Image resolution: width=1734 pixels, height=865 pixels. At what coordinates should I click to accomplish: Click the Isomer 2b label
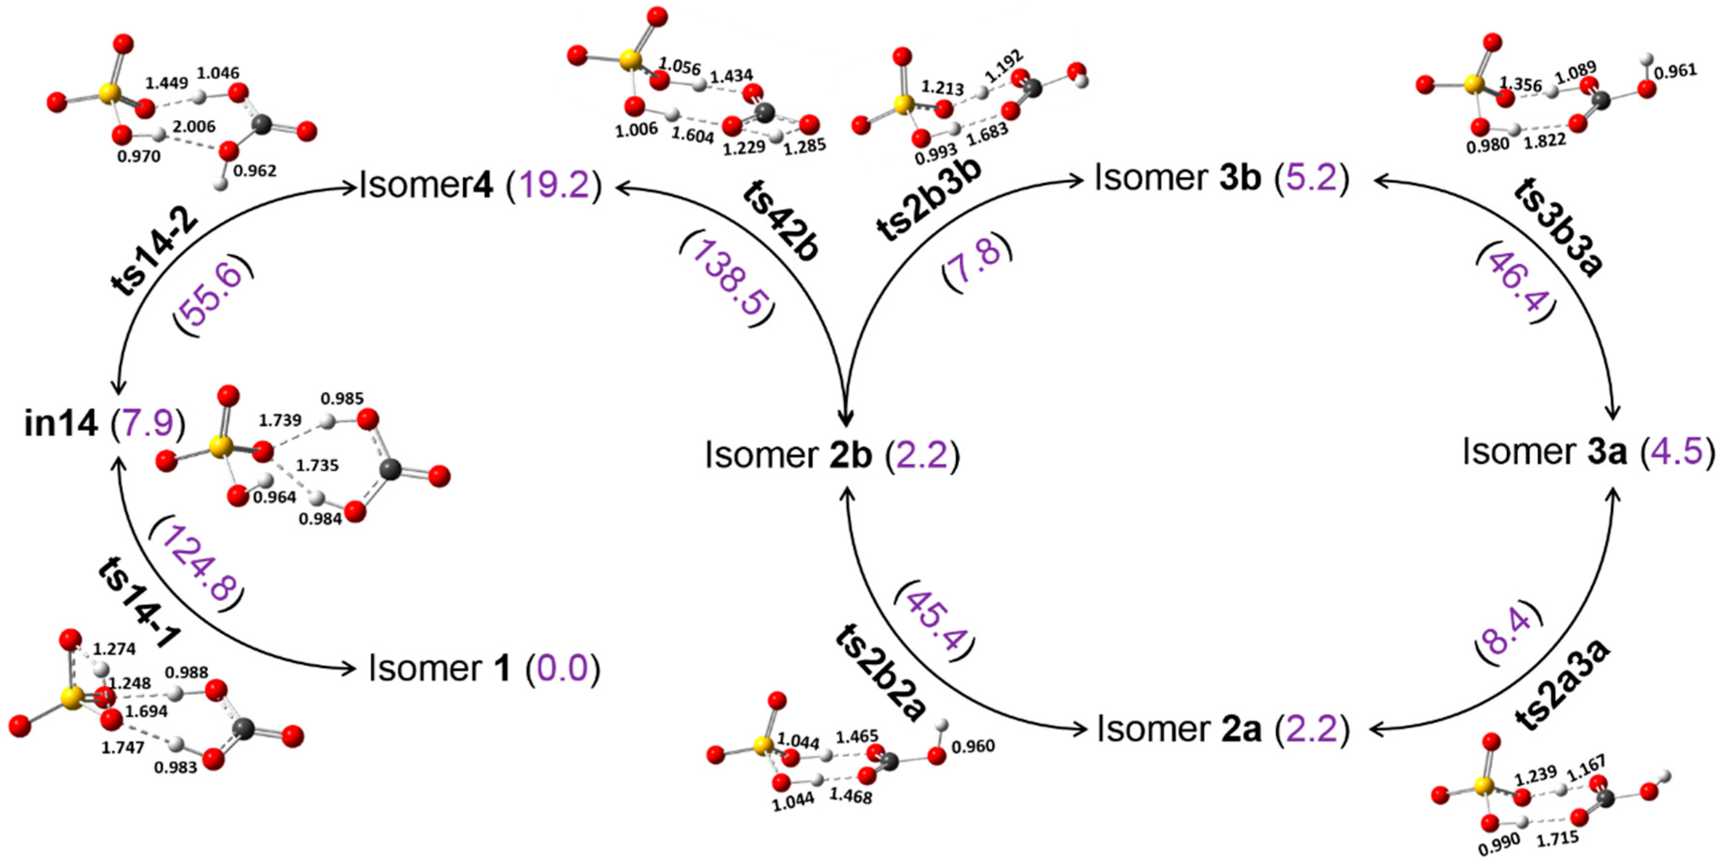(831, 456)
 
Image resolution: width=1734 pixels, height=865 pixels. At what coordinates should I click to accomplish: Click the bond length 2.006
(194, 127)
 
